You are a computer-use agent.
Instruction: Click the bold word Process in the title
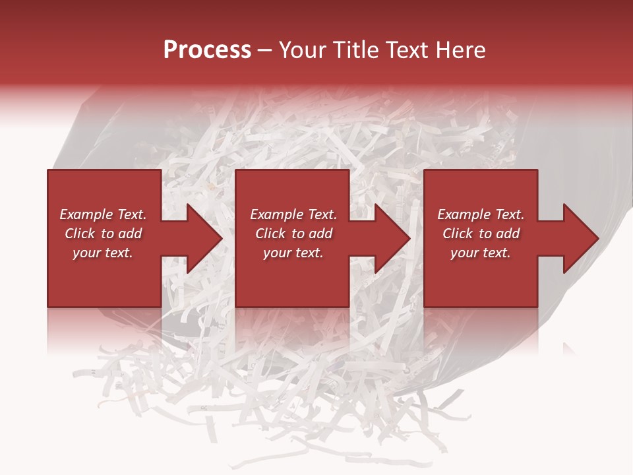[207, 50]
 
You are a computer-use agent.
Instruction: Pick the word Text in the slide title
[405, 50]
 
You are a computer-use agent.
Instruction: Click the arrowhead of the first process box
[204, 238]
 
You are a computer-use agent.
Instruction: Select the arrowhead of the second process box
[392, 238]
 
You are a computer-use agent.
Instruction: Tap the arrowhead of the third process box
[581, 238]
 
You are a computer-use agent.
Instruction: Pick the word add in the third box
[508, 234]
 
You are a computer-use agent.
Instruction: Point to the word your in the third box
[464, 253]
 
